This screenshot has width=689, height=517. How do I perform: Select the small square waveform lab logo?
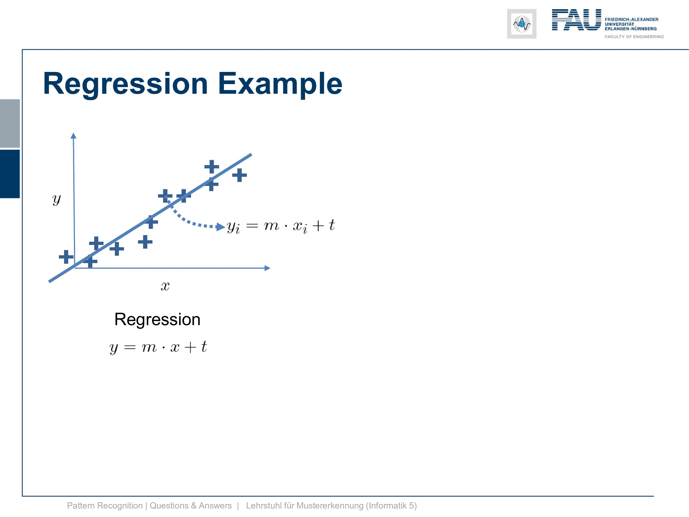tap(522, 24)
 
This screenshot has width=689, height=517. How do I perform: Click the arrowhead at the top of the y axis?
tap(73, 136)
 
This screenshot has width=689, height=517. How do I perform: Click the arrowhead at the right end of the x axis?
tap(267, 268)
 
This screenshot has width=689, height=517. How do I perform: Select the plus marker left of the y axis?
tap(66, 257)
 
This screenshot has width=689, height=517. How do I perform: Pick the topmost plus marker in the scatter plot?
tap(212, 167)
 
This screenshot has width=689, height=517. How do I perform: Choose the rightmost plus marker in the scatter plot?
tap(240, 175)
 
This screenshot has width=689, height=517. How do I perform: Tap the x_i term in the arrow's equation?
tap(300, 227)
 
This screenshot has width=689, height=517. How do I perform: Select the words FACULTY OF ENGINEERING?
tap(634, 37)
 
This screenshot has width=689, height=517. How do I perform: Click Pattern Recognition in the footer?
tap(105, 506)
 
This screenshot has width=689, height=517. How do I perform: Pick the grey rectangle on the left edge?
tap(10, 123)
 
